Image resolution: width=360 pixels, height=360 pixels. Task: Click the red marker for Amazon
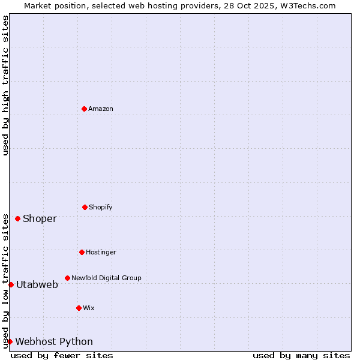point(85,109)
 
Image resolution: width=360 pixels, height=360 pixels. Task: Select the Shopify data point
point(85,207)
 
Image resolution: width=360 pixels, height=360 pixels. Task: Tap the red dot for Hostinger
point(82,252)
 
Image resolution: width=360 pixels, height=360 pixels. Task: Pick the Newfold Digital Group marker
point(67,278)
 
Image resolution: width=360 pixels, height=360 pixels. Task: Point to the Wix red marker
point(79,308)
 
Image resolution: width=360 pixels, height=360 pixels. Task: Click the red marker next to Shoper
point(17,218)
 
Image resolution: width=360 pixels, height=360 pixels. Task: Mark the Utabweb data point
point(11,284)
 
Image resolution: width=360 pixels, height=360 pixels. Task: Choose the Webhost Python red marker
point(10,341)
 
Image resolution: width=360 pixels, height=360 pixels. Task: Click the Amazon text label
point(101,109)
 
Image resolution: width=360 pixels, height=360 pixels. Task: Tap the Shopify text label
point(101,207)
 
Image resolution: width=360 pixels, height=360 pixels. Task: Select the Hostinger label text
point(101,252)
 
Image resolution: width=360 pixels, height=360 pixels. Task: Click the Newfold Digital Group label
point(106,278)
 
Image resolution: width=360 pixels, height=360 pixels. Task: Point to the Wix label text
point(89,308)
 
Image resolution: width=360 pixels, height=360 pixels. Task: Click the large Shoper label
point(40,218)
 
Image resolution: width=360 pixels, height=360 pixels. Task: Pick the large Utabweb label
point(37,284)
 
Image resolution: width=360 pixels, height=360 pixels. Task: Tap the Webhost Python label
point(54,341)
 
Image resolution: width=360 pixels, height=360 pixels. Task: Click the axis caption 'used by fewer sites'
point(62,355)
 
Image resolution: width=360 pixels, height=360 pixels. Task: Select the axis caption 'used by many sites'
point(301,355)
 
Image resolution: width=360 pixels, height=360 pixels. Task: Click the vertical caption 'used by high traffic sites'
point(5,85)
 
